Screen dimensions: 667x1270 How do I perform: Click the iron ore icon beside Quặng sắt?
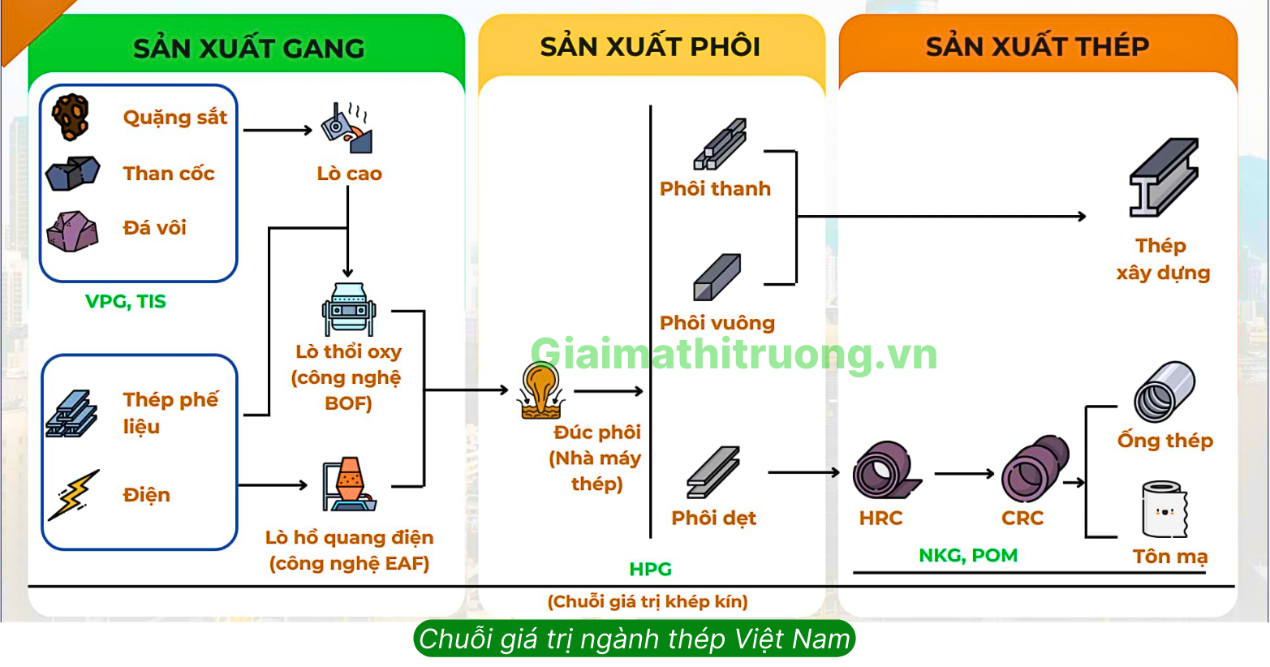click(71, 117)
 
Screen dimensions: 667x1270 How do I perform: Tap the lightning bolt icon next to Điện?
click(74, 494)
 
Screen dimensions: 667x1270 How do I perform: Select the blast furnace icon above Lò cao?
click(347, 129)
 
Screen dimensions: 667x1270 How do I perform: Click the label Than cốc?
click(169, 174)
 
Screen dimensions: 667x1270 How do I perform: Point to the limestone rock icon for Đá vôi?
click(72, 230)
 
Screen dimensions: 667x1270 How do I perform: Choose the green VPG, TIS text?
click(126, 302)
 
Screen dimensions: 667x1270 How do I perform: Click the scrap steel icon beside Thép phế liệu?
click(72, 414)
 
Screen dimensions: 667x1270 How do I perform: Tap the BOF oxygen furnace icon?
click(349, 309)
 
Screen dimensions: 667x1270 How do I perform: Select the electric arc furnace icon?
click(349, 484)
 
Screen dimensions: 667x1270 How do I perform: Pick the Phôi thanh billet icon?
click(719, 144)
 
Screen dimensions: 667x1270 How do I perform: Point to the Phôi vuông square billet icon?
click(717, 278)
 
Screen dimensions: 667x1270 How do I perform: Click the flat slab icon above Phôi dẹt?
click(713, 472)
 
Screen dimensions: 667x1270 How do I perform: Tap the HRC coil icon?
click(885, 471)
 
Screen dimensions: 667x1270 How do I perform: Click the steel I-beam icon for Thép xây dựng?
click(1164, 178)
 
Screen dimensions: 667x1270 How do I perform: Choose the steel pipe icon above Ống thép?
click(1165, 391)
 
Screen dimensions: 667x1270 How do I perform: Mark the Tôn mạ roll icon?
click(1165, 510)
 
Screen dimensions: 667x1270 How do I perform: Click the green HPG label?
click(651, 570)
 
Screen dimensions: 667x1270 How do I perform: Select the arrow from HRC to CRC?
click(964, 473)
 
